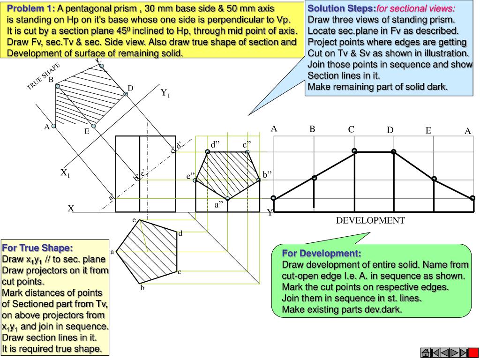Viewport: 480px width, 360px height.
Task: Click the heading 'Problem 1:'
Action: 31,8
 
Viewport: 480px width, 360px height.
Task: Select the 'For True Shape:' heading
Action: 37,247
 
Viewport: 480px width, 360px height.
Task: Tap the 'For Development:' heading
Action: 322,254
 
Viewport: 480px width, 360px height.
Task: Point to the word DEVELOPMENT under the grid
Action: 370,220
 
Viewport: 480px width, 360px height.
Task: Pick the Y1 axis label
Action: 165,93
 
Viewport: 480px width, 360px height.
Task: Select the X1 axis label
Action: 65,173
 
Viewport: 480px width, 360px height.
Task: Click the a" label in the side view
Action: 219,205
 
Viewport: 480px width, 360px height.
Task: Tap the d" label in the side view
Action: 216,145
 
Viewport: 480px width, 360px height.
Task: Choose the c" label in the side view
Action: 247,145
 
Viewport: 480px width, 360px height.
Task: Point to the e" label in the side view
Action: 190,176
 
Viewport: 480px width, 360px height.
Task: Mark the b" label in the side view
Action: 267,175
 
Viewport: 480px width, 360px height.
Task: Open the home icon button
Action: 427,352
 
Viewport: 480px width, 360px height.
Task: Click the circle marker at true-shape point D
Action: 126,94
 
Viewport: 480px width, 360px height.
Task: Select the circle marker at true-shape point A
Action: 53,126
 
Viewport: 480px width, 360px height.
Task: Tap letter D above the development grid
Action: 390,130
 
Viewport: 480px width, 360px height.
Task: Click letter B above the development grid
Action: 312,129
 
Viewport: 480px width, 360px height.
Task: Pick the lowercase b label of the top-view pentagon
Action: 142,288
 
